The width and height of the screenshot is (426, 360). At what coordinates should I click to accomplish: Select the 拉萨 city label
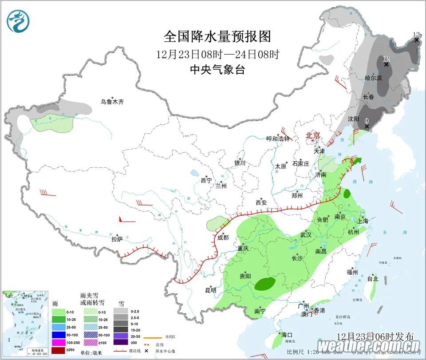(117, 239)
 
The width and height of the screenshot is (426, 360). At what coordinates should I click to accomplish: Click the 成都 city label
(223, 237)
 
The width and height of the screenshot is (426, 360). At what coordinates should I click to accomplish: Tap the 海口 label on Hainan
(287, 334)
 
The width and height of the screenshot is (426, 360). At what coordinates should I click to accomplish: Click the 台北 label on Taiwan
(372, 279)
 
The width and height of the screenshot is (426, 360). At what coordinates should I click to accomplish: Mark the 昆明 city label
(210, 290)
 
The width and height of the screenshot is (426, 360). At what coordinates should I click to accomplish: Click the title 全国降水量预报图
(217, 36)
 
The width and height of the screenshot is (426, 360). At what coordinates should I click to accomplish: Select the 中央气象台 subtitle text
(217, 69)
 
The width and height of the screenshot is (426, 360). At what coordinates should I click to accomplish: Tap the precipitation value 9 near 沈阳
(367, 120)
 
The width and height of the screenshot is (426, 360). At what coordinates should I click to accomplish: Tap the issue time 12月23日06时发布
(375, 336)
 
